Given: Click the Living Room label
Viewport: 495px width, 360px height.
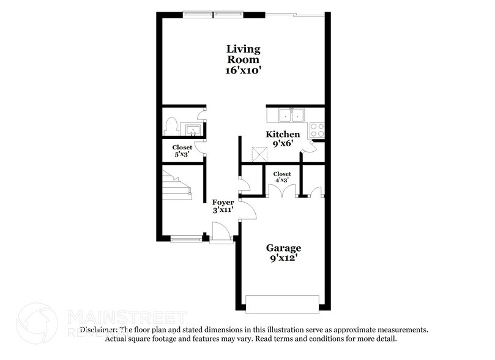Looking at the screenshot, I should click(x=244, y=54).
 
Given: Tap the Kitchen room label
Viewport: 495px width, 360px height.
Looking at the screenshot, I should click(x=283, y=134).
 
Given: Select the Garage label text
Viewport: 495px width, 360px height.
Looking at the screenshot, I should click(x=283, y=248).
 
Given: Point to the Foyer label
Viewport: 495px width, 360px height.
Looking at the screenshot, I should click(x=223, y=202).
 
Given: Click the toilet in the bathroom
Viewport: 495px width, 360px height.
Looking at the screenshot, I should click(x=171, y=126).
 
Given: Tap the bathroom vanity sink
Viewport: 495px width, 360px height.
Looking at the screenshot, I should click(x=193, y=129).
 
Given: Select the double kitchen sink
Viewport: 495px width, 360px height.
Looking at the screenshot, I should click(x=291, y=115).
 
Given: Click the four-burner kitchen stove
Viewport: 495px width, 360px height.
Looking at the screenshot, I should click(x=317, y=130).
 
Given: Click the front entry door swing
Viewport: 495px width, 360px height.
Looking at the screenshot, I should click(x=220, y=233).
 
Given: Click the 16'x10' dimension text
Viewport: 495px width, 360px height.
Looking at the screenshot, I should click(x=244, y=70).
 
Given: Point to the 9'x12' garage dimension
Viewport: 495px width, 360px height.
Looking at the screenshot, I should click(x=283, y=259).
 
